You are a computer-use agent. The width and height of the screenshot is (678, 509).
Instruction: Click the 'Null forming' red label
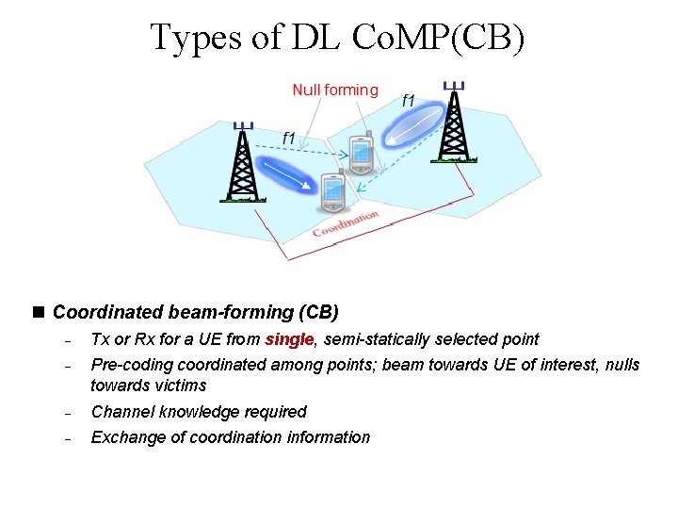pos(335,90)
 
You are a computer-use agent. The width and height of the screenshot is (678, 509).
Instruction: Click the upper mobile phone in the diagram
pos(362,153)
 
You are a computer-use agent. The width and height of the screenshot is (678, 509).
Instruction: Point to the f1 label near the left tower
pos(289,138)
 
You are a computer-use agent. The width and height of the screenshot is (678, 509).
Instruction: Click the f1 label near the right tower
pos(409,100)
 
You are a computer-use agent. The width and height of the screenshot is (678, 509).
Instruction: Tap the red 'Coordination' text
pos(346,223)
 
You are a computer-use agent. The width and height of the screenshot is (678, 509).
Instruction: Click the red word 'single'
pos(289,339)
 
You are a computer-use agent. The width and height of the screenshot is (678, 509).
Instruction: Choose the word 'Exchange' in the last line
pos(125,437)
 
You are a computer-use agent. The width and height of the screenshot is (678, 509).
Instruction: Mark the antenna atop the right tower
pos(455,86)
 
